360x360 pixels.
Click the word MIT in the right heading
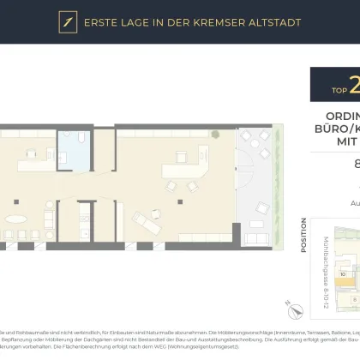pyautogui.click(x=347, y=147)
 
